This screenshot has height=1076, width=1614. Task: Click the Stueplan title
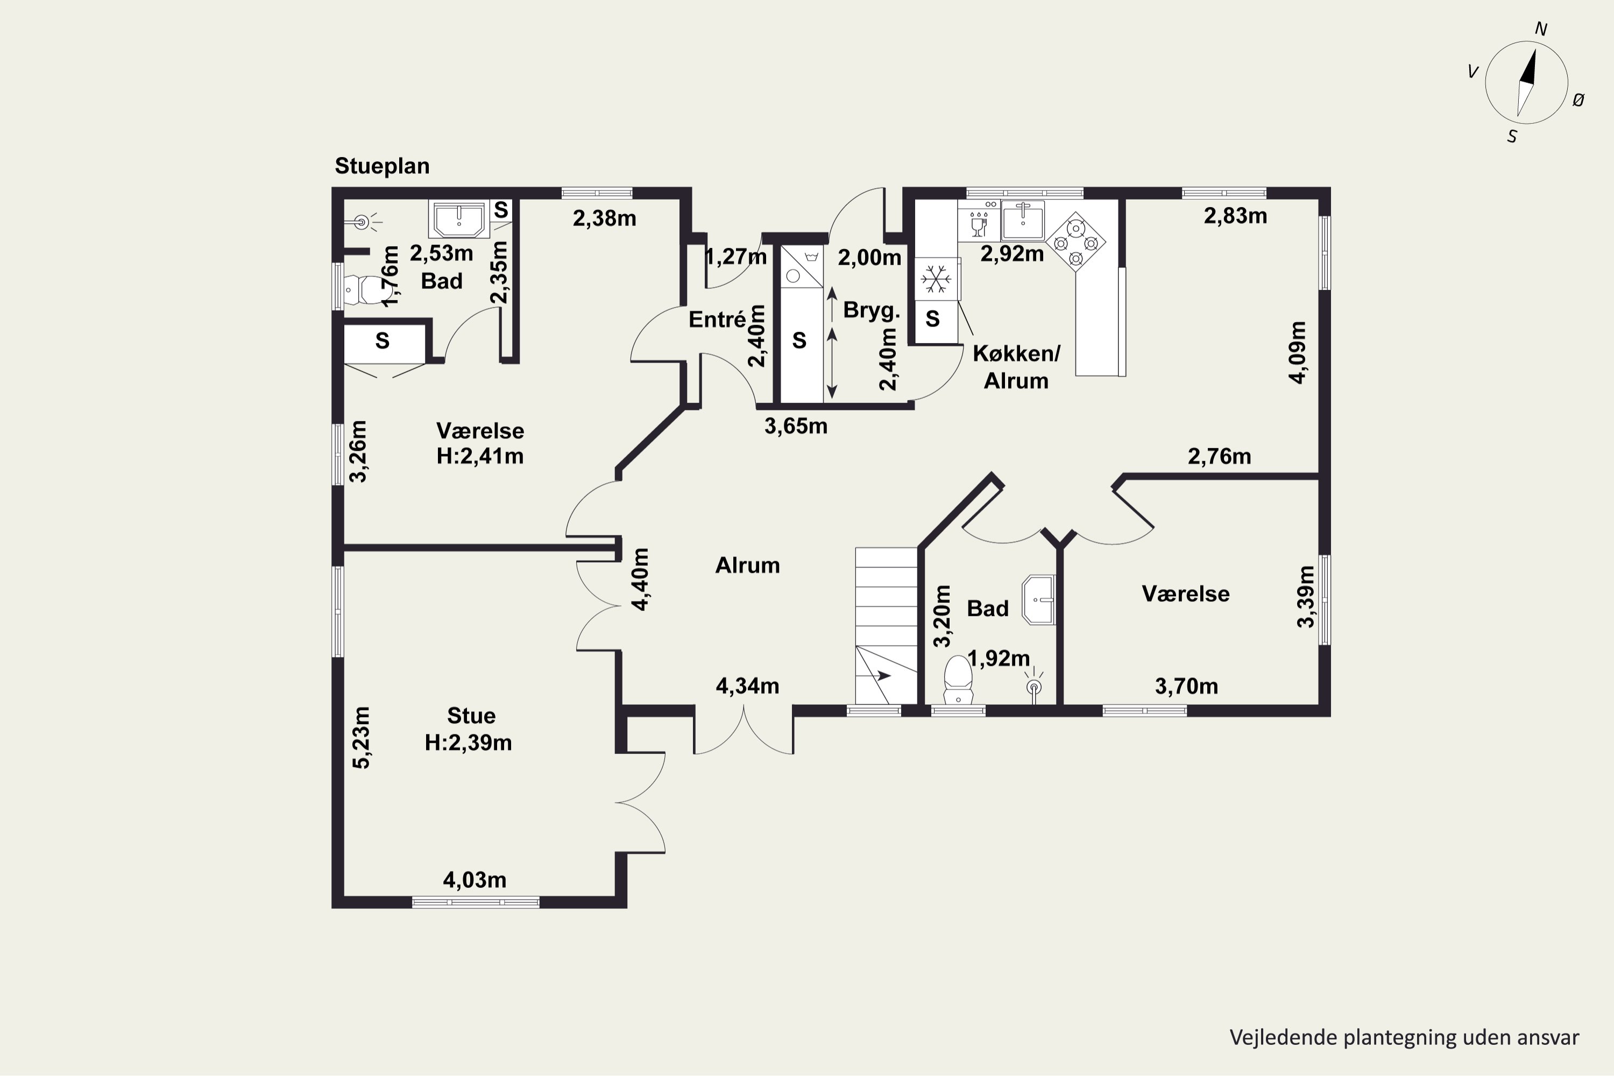pyautogui.click(x=382, y=167)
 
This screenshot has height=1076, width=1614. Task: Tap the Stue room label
pyautogui.click(x=471, y=716)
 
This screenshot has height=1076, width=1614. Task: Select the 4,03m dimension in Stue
pyautogui.click(x=475, y=880)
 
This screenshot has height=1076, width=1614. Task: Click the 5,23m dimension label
pyautogui.click(x=361, y=738)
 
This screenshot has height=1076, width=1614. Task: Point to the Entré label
pyautogui.click(x=717, y=319)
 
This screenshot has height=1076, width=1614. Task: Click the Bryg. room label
pyautogui.click(x=872, y=310)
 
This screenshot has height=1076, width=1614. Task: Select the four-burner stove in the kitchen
pyautogui.click(x=1076, y=242)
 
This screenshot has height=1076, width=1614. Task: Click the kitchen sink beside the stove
pyautogui.click(x=1023, y=221)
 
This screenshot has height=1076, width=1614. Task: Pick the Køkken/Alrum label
pyautogui.click(x=1016, y=367)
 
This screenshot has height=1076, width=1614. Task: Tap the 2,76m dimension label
pyautogui.click(x=1220, y=456)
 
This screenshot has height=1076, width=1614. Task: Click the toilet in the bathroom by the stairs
pyautogui.click(x=958, y=679)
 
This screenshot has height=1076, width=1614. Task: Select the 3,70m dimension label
pyautogui.click(x=1186, y=686)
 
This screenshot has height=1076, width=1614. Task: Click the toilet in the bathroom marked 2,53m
pyautogui.click(x=364, y=291)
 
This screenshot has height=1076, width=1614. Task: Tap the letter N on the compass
pyautogui.click(x=1541, y=30)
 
